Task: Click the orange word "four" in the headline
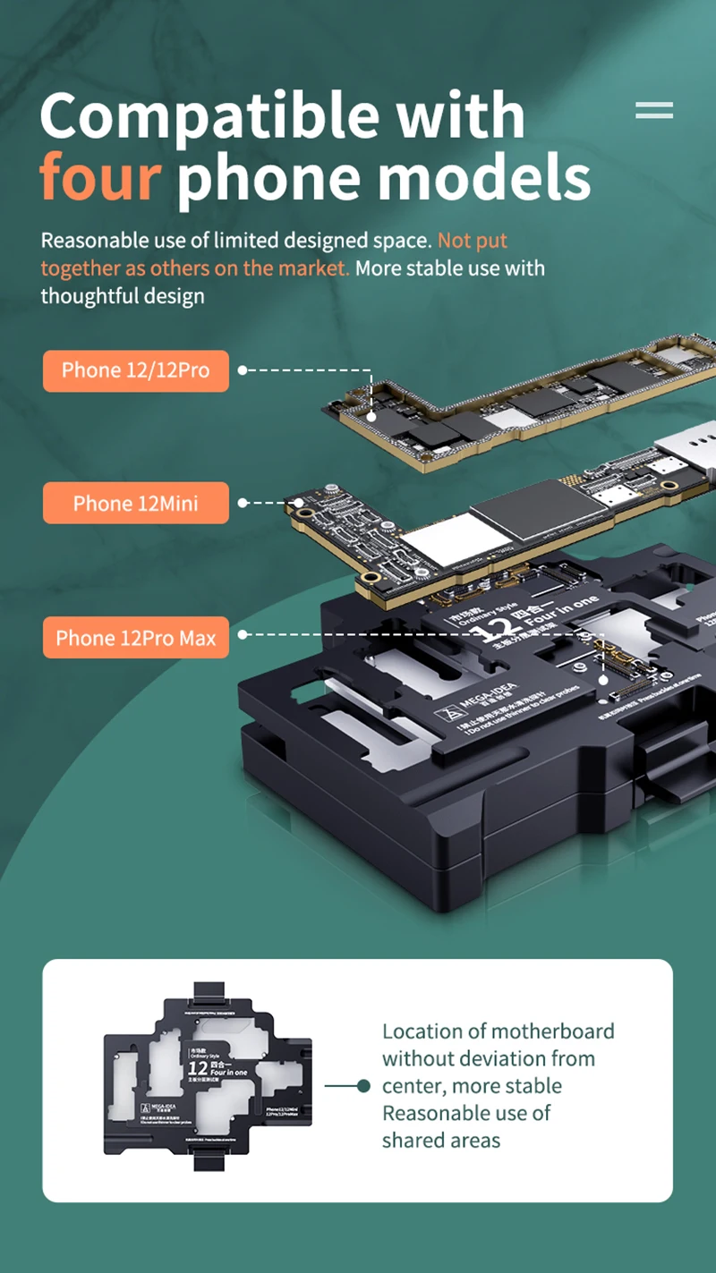tap(100, 179)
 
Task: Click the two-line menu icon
tap(653, 111)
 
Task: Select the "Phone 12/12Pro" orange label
tap(136, 370)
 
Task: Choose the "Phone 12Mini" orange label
tap(136, 504)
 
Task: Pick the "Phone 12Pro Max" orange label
tap(136, 638)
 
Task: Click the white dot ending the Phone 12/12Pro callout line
tap(371, 416)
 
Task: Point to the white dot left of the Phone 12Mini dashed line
tap(243, 503)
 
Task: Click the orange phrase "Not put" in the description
tap(473, 241)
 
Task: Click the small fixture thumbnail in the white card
tap(208, 1080)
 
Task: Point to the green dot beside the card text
tap(363, 1086)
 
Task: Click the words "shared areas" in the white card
tap(441, 1140)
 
